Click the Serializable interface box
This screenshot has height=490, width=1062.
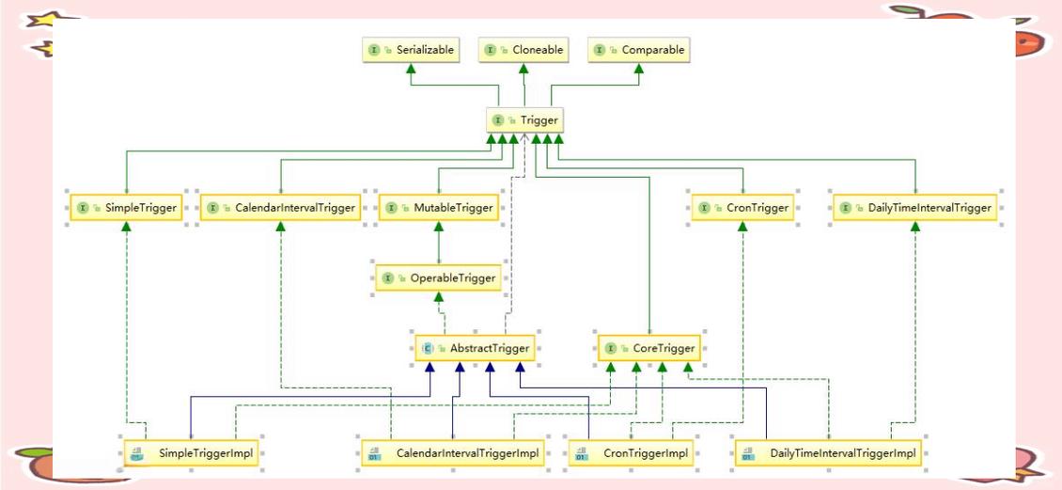(x=412, y=50)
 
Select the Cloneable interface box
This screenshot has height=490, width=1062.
(x=524, y=50)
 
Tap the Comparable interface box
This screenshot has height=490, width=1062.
(x=639, y=50)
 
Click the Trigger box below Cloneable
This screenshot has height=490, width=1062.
(x=525, y=120)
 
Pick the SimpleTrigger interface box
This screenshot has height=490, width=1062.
(x=126, y=208)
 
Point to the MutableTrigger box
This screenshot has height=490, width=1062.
(x=438, y=208)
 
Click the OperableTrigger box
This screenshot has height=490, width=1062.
(x=438, y=277)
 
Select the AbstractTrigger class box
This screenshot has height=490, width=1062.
(x=476, y=348)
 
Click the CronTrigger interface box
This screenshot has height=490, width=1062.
(x=742, y=208)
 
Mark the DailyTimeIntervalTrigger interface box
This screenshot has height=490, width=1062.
(x=915, y=208)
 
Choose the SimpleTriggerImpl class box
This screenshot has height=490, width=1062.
(x=194, y=453)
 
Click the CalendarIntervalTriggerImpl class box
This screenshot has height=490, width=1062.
(x=453, y=453)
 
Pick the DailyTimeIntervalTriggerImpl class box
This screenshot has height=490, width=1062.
(x=830, y=453)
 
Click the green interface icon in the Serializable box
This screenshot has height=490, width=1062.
(x=374, y=50)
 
